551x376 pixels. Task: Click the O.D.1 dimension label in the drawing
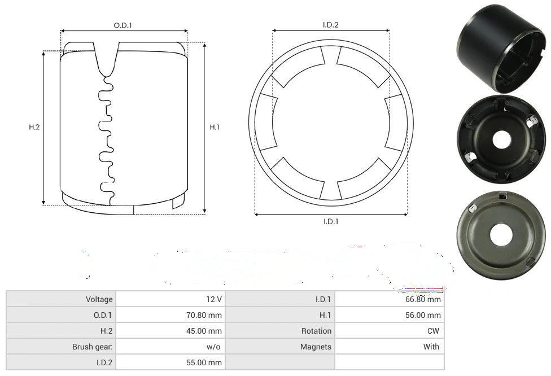point(123,25)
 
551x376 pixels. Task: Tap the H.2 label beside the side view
point(34,127)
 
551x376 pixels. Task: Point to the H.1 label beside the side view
point(215,127)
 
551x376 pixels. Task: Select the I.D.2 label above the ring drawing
point(331,25)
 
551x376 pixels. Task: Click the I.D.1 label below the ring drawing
point(331,221)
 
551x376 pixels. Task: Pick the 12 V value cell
point(214,299)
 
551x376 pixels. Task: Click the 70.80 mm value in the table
point(204,315)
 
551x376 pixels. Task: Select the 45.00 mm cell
point(204,331)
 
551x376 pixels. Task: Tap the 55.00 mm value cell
point(204,362)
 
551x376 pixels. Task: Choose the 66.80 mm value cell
point(423,299)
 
